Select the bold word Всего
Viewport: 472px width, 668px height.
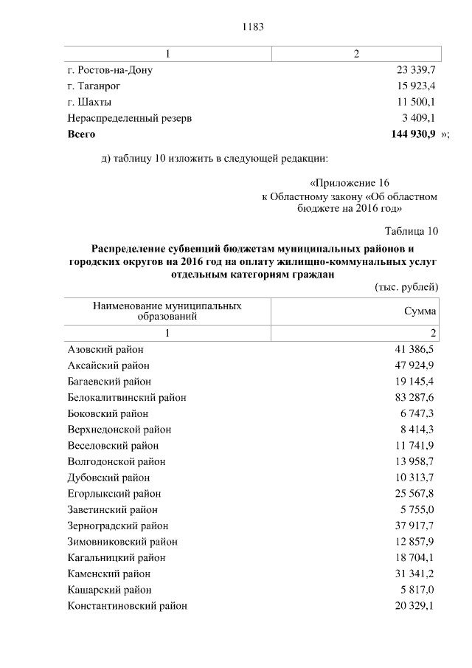coord(81,135)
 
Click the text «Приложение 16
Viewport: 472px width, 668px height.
coord(349,182)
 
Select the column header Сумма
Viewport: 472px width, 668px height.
coord(420,311)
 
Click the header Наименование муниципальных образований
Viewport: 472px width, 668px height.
coord(167,311)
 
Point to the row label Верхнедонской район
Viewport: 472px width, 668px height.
coord(119,430)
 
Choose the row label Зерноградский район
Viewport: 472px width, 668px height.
coord(118,526)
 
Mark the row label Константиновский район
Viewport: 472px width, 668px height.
coord(127,606)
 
